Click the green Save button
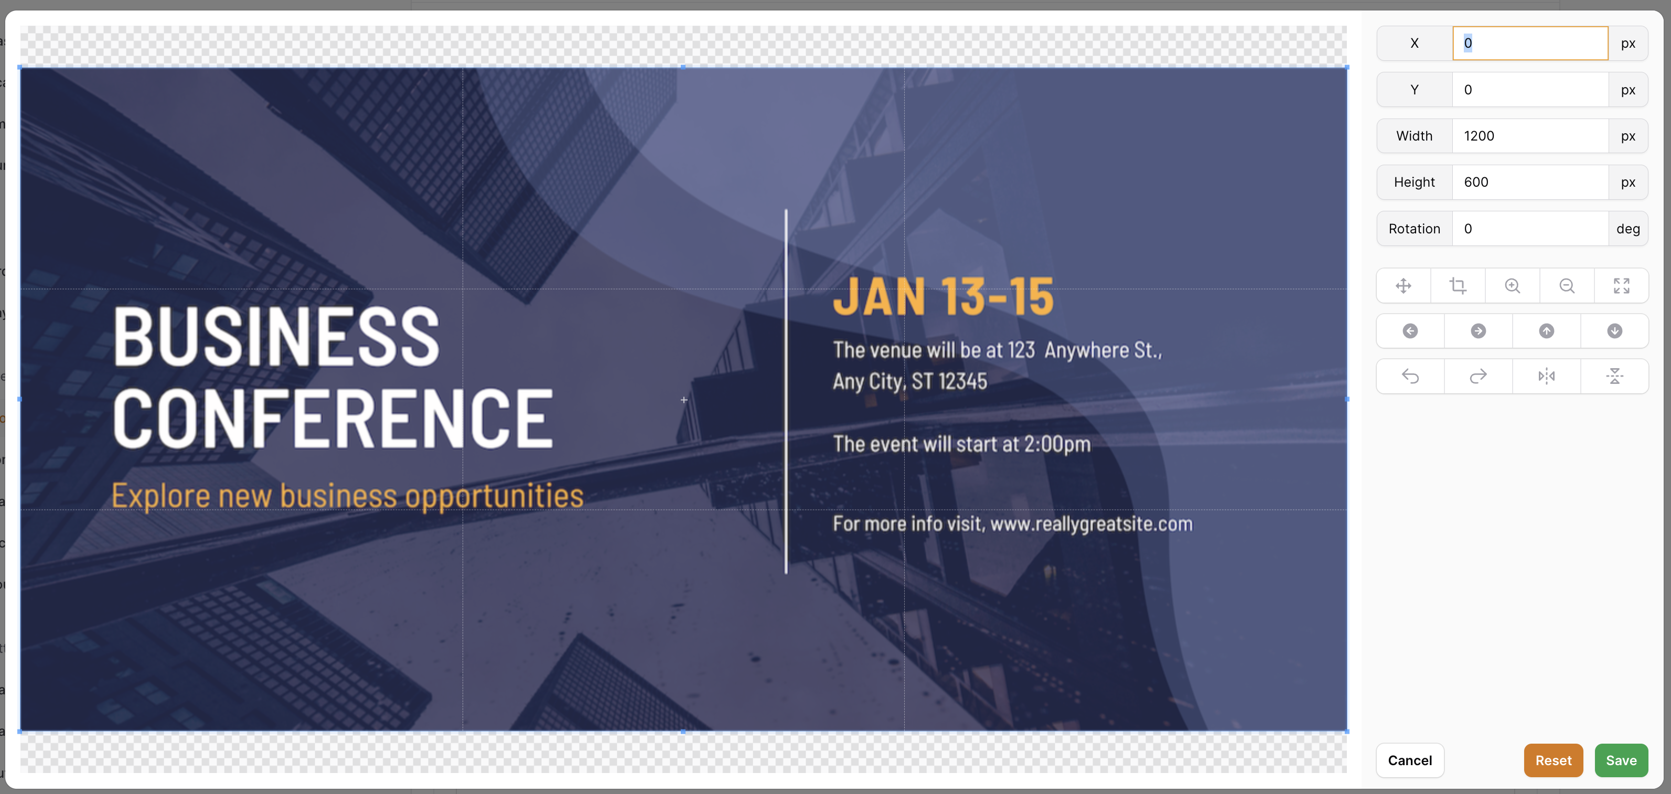[x=1621, y=760]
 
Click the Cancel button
[x=1410, y=760]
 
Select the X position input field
[x=1529, y=44]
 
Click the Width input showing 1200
[x=1529, y=136]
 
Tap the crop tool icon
[x=1458, y=285]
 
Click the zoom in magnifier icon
[x=1512, y=285]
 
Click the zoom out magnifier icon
[x=1567, y=285]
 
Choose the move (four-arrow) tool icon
[x=1403, y=285]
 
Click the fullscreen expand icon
[x=1621, y=285]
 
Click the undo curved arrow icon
[x=1410, y=376]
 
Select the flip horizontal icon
[x=1547, y=376]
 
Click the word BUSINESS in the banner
[x=276, y=336]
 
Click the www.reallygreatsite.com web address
[x=1091, y=523]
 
